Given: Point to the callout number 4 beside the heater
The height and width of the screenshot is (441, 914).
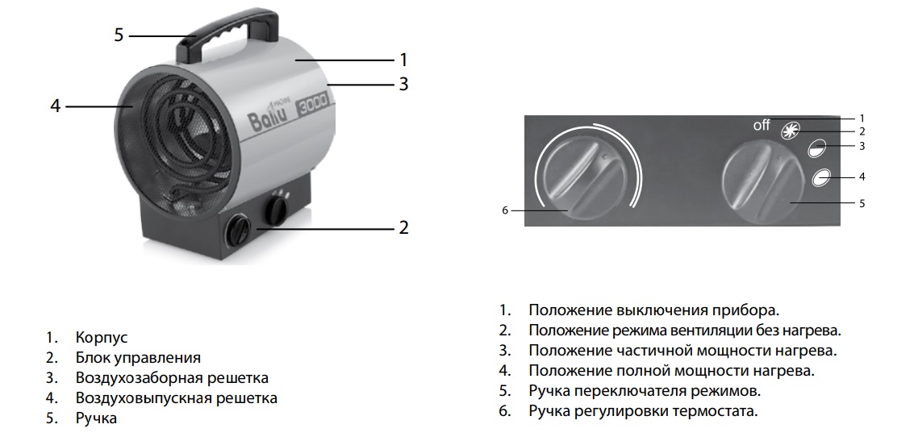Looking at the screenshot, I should (55, 106).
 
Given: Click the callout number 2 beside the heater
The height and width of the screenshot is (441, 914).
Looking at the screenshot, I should (403, 227).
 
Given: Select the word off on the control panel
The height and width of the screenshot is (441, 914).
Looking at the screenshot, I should (762, 126).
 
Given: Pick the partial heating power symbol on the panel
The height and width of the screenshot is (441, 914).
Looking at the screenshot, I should (817, 148).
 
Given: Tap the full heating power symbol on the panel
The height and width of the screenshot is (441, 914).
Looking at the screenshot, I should (821, 177).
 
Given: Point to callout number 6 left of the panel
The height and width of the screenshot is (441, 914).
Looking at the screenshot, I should (505, 210).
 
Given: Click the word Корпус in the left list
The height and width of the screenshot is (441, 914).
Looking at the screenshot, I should (102, 337).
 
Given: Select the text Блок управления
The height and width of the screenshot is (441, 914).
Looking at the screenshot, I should (138, 357).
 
